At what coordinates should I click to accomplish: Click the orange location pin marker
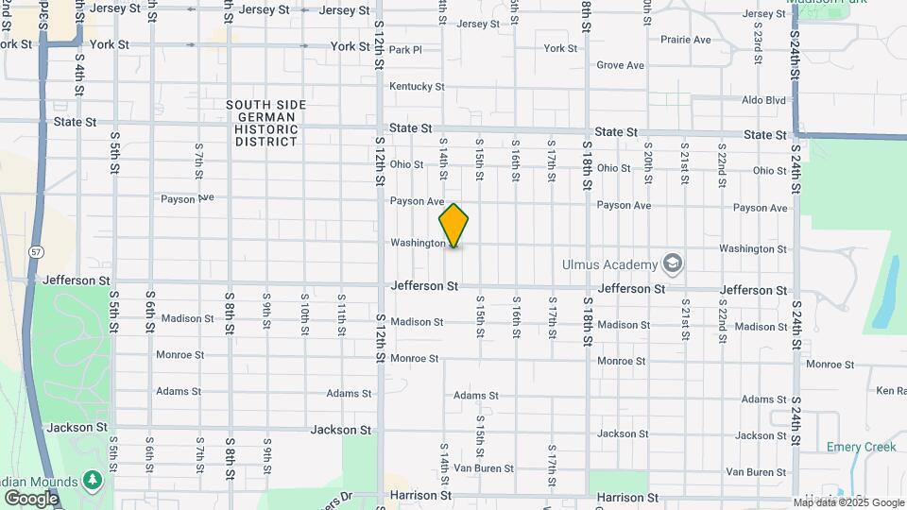tap(453, 225)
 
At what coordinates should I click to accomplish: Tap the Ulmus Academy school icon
tap(673, 262)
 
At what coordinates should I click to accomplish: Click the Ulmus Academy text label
tap(611, 263)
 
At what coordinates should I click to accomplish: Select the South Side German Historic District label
tap(262, 123)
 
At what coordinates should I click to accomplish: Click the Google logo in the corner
tap(30, 498)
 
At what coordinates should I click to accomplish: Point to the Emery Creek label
tap(861, 447)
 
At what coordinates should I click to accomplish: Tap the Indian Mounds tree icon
tap(92, 481)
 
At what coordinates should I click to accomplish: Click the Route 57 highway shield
tap(34, 253)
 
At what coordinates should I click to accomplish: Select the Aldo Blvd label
tap(763, 100)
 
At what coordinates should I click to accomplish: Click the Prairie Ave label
tap(686, 40)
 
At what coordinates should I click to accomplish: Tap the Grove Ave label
tap(620, 65)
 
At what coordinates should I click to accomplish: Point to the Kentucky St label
tap(416, 86)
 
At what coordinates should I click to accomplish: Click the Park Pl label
tap(404, 49)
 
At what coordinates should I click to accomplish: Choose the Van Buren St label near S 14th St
tap(484, 467)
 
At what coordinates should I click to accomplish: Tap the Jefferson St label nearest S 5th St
tap(69, 280)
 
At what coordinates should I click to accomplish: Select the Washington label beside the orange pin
tap(418, 243)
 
